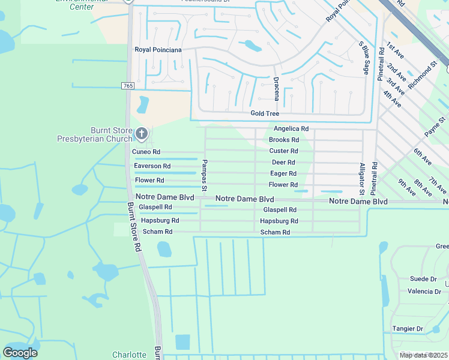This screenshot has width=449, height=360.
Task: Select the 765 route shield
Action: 127,86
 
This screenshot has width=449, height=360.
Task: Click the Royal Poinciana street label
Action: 158,50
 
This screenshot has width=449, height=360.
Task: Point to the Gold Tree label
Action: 265,113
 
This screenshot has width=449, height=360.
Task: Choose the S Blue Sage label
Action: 364,58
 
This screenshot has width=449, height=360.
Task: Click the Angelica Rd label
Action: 291,129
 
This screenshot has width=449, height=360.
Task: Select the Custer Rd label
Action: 283,151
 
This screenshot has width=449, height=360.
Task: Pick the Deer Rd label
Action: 283,163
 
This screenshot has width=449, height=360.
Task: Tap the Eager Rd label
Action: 283,174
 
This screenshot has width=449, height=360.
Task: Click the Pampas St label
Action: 205,176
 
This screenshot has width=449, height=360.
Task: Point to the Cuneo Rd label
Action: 146,152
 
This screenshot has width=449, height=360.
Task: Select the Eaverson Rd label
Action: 152,166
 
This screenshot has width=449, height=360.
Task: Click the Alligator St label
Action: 362,179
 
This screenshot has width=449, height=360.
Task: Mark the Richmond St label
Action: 423,74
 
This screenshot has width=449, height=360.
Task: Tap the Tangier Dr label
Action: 408,329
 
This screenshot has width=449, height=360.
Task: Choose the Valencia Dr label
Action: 424,292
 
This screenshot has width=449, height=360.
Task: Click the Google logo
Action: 20,353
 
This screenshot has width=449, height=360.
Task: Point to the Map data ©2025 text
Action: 423,355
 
